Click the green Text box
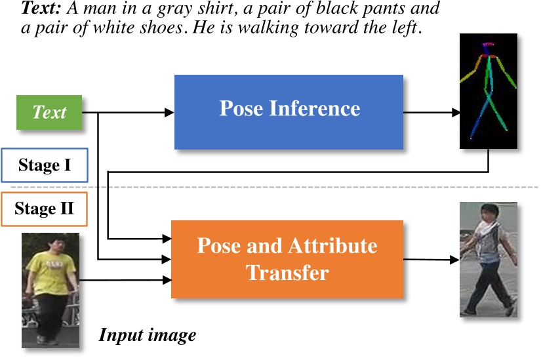[50, 112]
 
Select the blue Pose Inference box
[289, 111]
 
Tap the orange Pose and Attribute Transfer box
[287, 259]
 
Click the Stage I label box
[45, 165]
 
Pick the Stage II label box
[45, 209]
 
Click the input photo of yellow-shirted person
[50, 289]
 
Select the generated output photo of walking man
[489, 259]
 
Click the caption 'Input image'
[148, 336]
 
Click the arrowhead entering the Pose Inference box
[169, 113]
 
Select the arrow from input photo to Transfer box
[125, 281]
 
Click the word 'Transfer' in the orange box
[287, 272]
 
